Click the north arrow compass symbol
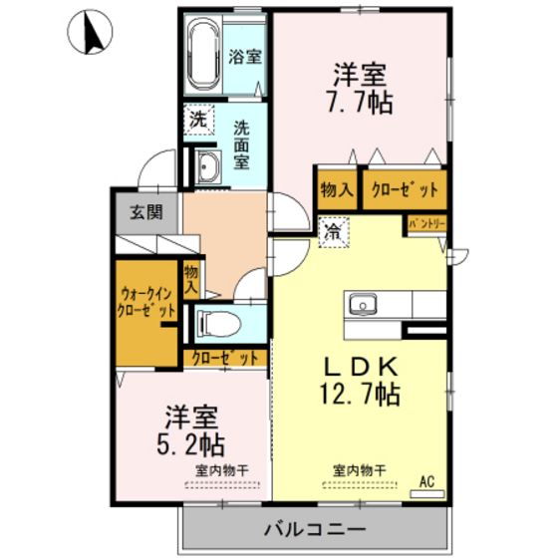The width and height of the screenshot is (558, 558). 90,31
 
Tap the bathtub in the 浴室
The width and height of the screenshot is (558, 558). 203,55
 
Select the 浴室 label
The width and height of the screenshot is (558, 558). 245,56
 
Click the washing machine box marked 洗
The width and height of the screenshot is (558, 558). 198,120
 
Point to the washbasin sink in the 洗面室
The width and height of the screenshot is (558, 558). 208,166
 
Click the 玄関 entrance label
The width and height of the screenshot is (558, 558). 146,212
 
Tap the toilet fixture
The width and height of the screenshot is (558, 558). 218,324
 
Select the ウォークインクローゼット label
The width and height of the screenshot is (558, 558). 146,303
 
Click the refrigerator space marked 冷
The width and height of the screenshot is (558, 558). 334,232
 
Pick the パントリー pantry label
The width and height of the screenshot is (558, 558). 426,224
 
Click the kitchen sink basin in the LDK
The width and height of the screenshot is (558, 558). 363,305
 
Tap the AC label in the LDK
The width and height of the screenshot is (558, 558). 426,482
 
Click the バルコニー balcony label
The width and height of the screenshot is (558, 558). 315,529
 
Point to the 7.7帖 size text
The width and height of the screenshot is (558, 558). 360,103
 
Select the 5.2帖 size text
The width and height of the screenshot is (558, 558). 190,445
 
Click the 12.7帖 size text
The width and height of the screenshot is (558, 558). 360,395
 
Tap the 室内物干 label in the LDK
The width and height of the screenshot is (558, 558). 360,470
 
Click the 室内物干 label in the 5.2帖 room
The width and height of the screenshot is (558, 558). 222,470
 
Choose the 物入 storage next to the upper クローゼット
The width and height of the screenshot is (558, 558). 337,189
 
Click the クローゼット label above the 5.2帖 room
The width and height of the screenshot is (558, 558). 225,358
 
